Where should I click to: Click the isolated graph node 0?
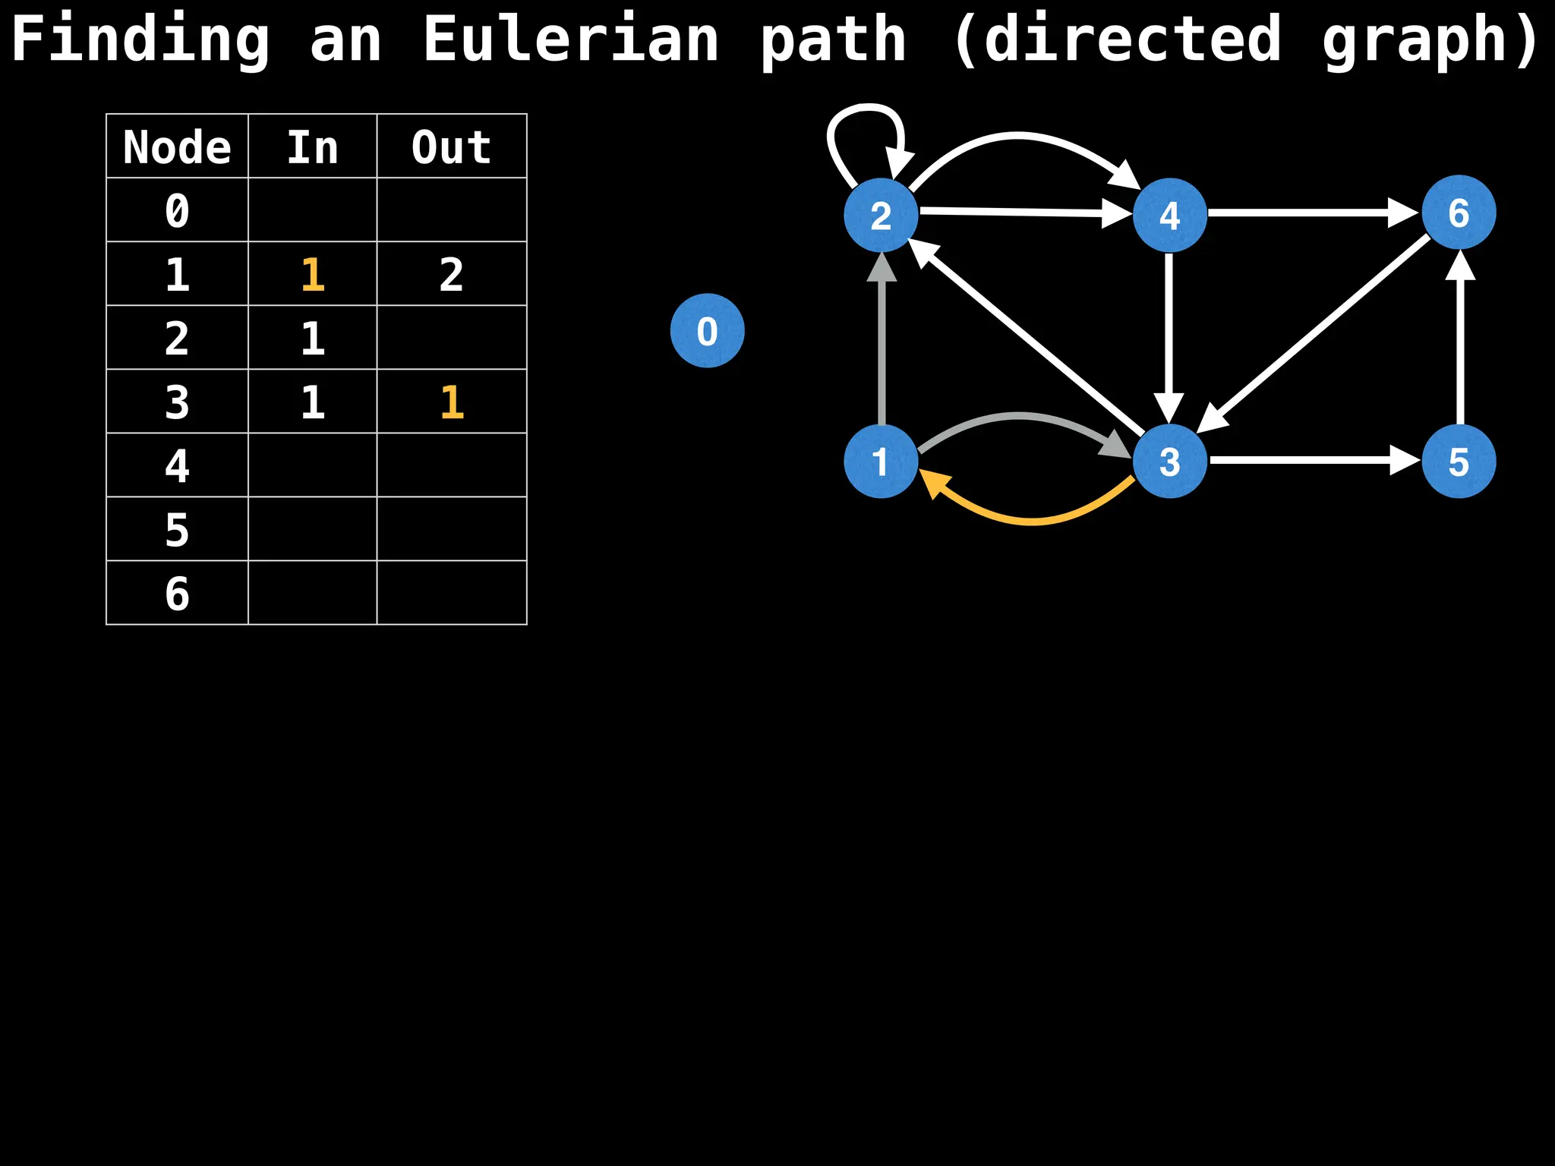pyautogui.click(x=707, y=331)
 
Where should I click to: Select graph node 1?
pyautogui.click(x=881, y=461)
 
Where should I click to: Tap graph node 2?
pyautogui.click(x=881, y=215)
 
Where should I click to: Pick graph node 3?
pyautogui.click(x=1169, y=461)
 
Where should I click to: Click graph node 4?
pyautogui.click(x=1169, y=215)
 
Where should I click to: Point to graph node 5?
pyautogui.click(x=1458, y=461)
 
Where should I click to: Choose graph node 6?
pyautogui.click(x=1458, y=213)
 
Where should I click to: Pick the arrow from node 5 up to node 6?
pyautogui.click(x=1459, y=342)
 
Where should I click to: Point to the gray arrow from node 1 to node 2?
pyautogui.click(x=882, y=342)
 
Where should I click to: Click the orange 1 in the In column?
pyautogui.click(x=313, y=274)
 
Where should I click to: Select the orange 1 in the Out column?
pyautogui.click(x=452, y=402)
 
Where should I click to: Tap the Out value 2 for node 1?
pyautogui.click(x=451, y=274)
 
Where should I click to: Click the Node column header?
pyautogui.click(x=177, y=147)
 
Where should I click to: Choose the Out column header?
pyautogui.click(x=451, y=147)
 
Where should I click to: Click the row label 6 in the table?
pyautogui.click(x=177, y=593)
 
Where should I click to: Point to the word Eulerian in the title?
pyautogui.click(x=570, y=39)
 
